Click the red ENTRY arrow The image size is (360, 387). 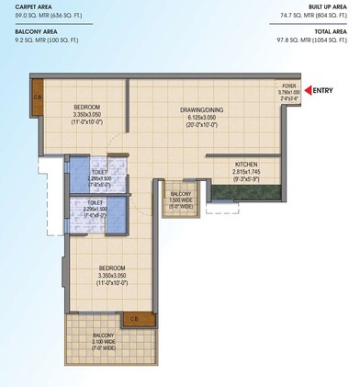pyautogui.click(x=312, y=89)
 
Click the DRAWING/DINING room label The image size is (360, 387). pyautogui.click(x=200, y=110)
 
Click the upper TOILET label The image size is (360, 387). pyautogui.click(x=100, y=172)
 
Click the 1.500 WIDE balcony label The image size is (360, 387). pyautogui.click(x=180, y=200)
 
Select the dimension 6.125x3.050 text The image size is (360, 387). pyautogui.click(x=200, y=118)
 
